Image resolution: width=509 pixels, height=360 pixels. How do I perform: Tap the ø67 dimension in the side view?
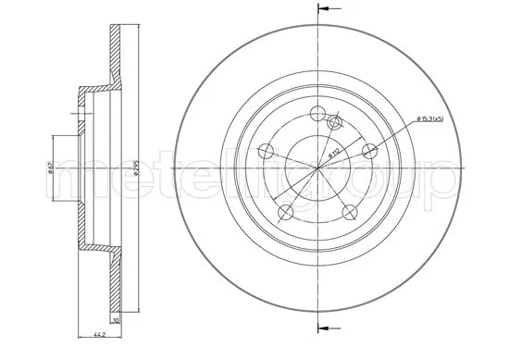pos(49,168)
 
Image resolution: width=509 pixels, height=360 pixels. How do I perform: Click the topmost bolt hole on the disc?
pos(317,114)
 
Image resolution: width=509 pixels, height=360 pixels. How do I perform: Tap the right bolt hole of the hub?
pos(370,152)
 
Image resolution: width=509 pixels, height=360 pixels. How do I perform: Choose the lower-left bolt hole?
pos(285,213)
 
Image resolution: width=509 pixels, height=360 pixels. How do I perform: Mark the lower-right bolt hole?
pos(350,213)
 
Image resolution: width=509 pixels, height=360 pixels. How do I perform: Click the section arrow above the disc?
pos(325,9)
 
